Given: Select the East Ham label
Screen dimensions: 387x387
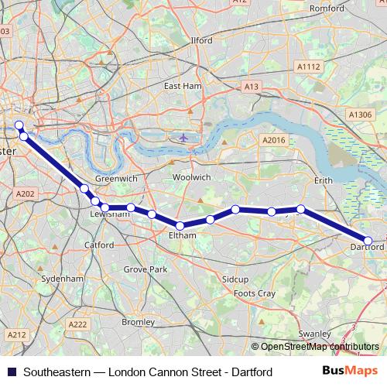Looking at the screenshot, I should click(182, 86).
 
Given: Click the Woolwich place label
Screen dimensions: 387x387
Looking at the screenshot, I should click(191, 177).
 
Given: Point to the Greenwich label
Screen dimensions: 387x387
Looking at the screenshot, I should click(116, 179).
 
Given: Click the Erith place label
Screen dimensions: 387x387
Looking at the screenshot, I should click(323, 180).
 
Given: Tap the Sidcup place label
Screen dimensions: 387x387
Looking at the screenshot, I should click(235, 277).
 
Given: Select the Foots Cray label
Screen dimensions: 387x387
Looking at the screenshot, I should click(255, 294).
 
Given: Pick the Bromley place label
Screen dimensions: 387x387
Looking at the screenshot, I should click(139, 321).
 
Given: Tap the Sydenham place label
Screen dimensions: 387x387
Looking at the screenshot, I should click(62, 278).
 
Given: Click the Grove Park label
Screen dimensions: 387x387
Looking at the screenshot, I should click(146, 269).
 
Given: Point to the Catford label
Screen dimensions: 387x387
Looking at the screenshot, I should click(99, 245).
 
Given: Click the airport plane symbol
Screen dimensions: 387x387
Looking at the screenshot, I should click(183, 138).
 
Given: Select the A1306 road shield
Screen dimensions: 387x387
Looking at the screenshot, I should click(360, 115).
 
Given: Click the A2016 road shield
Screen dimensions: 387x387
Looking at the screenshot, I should click(274, 140).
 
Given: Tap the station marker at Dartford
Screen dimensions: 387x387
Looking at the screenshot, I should click(368, 241).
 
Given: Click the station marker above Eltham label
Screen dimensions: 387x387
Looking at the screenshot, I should click(180, 225).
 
